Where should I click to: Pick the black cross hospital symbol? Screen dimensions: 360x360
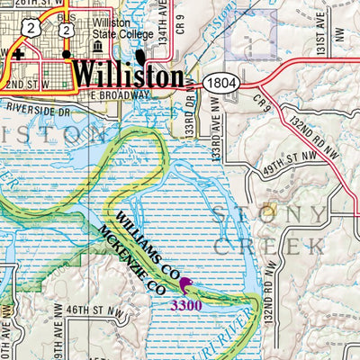[x=17, y=54]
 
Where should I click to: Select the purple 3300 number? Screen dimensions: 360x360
[x=186, y=305]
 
